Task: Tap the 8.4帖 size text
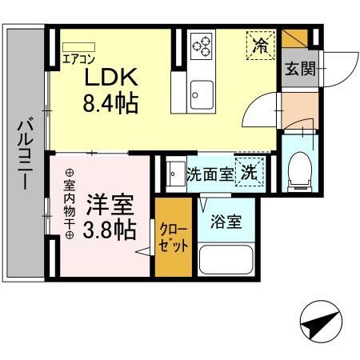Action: tap(112, 103)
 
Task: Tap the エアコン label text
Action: tap(78, 58)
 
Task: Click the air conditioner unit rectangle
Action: tap(78, 46)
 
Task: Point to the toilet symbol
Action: tap(299, 167)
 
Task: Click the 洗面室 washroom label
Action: tap(210, 173)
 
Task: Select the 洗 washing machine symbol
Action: tap(250, 171)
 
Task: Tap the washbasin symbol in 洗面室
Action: tap(174, 173)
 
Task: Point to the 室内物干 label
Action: tap(69, 204)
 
